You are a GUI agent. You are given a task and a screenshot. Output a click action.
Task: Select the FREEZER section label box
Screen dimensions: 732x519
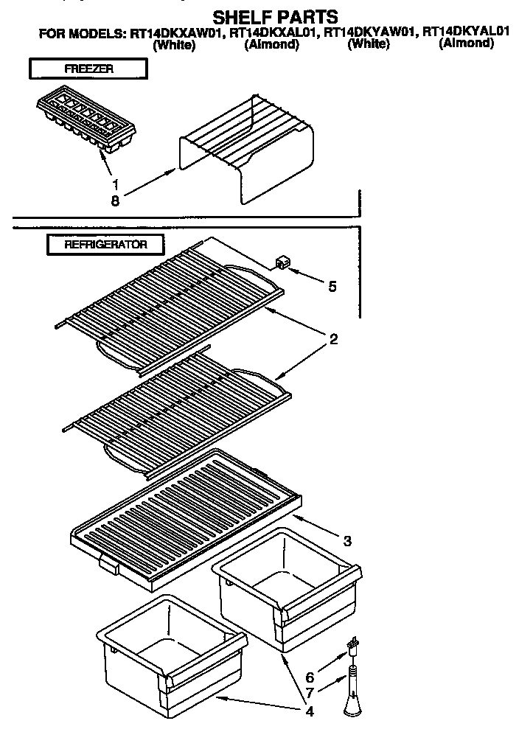[x=87, y=69]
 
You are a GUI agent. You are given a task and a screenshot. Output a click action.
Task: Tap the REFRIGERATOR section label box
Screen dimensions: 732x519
[x=105, y=244]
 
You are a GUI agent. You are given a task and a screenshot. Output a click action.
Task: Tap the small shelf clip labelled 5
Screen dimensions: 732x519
[x=281, y=262]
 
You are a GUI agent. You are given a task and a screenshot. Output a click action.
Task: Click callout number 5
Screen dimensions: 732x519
[x=332, y=285]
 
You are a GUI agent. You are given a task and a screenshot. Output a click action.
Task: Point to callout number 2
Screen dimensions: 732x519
[x=333, y=339]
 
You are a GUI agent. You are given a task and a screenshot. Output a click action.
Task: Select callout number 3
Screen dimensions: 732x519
[x=347, y=540]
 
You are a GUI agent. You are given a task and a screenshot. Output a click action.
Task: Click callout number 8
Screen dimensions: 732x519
[x=115, y=198]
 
